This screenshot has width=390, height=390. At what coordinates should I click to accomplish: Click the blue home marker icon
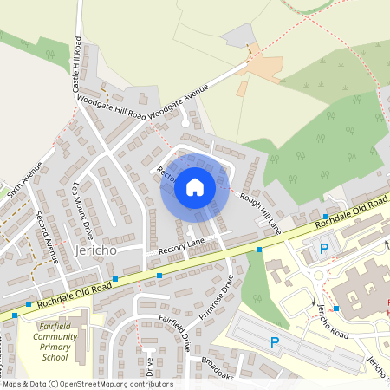click(x=194, y=186)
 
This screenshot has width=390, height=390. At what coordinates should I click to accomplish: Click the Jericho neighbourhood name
click(x=96, y=249)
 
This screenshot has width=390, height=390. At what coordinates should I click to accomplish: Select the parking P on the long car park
click(x=275, y=341)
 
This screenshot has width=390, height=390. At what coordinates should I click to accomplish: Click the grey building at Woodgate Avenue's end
click(x=239, y=36)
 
